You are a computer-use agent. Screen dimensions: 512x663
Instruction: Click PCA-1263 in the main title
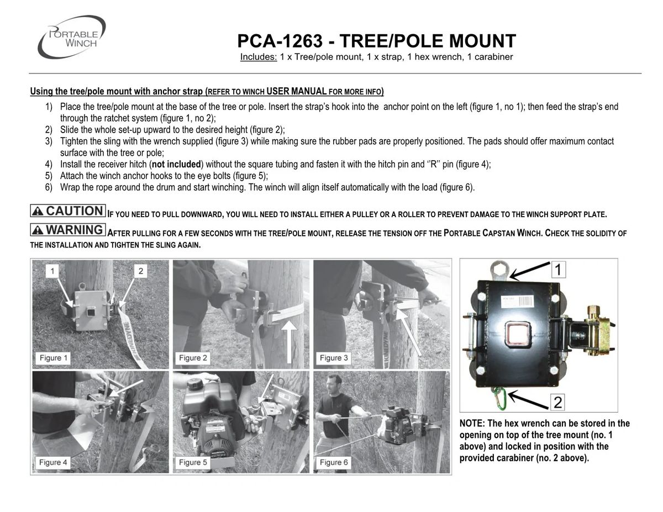[x=283, y=41]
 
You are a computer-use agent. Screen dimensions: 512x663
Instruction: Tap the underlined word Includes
[x=258, y=57]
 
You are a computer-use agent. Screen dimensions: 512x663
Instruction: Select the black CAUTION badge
[x=68, y=211]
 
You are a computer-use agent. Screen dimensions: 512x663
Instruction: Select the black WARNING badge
[x=68, y=229]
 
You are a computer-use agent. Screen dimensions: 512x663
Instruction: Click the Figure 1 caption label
[x=54, y=358]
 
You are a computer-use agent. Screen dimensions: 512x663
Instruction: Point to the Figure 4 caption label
[x=54, y=462]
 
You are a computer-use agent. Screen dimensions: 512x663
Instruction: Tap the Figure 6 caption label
[x=334, y=462]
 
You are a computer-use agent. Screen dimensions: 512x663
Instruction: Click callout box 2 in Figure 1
[x=141, y=271]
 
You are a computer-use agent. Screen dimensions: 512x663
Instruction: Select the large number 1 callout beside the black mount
[x=558, y=269]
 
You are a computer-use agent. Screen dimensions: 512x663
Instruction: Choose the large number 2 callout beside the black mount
[x=558, y=402]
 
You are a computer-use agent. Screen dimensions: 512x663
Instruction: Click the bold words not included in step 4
[x=176, y=165]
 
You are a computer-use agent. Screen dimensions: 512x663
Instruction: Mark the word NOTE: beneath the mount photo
[x=475, y=424]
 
